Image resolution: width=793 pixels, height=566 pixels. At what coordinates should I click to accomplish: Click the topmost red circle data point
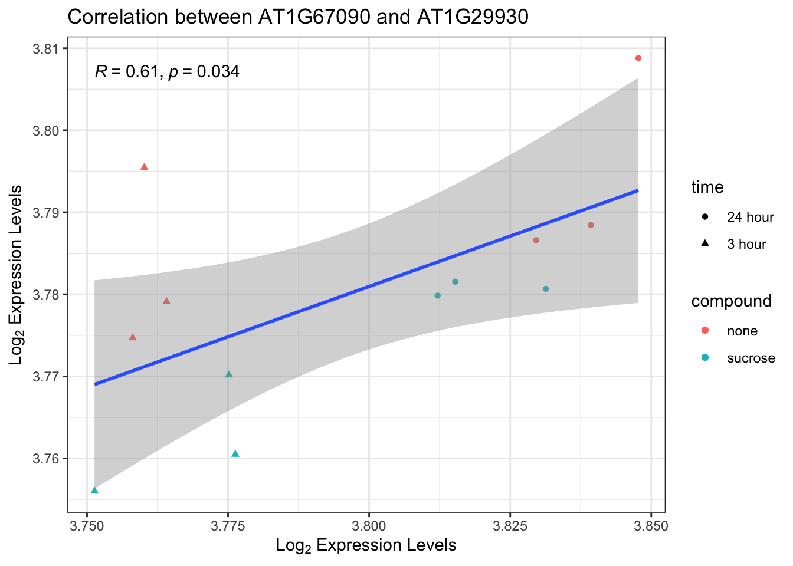pyautogui.click(x=638, y=58)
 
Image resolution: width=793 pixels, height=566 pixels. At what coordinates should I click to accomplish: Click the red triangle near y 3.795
pyautogui.click(x=144, y=167)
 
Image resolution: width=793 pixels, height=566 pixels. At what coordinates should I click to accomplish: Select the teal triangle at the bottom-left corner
pyautogui.click(x=94, y=491)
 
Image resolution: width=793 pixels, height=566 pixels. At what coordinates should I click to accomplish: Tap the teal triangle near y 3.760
pyautogui.click(x=235, y=453)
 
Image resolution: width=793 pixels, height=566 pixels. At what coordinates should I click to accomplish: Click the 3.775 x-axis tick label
pyautogui.click(x=228, y=525)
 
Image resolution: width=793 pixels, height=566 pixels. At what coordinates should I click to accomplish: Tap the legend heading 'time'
pyautogui.click(x=707, y=187)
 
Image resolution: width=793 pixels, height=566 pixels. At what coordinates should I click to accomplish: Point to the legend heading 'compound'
pyautogui.click(x=732, y=301)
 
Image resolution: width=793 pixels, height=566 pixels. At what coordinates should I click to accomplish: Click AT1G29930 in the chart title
pyautogui.click(x=473, y=17)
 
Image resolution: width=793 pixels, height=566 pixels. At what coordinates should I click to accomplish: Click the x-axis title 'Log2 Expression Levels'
pyautogui.click(x=366, y=545)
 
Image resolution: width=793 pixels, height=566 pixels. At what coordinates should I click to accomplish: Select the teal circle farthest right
pyautogui.click(x=546, y=289)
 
